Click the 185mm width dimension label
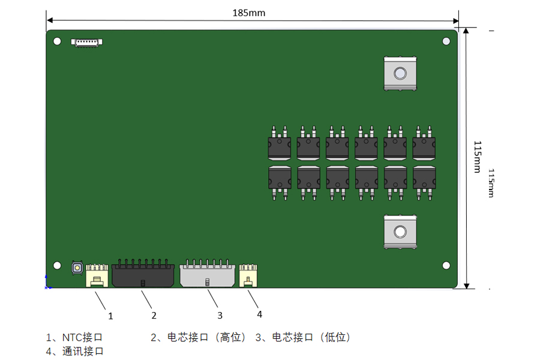click(x=248, y=13)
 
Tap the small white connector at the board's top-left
click(x=87, y=43)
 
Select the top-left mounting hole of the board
click(x=57, y=41)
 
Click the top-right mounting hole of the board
click(x=446, y=41)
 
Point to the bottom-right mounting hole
click(x=446, y=265)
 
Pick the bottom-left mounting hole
click(x=57, y=265)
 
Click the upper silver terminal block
click(x=400, y=74)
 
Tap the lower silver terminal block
click(x=400, y=232)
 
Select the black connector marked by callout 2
click(x=143, y=274)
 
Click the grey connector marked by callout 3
click(x=208, y=274)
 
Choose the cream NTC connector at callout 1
click(x=97, y=275)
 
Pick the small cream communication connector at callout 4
click(x=248, y=275)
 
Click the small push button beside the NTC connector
click(x=77, y=268)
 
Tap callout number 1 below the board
click(x=110, y=316)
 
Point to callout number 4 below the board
click(x=259, y=314)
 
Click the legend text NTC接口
click(x=82, y=337)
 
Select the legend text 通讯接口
click(x=83, y=352)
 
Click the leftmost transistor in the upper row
click(x=279, y=143)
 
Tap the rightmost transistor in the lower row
click(x=424, y=183)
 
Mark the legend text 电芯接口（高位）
click(x=206, y=337)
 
